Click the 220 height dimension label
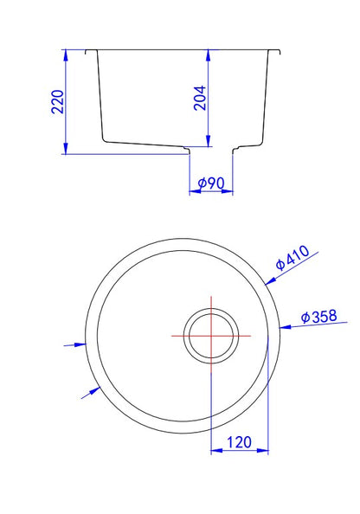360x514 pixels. pyautogui.click(x=58, y=101)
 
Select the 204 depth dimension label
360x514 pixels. pyautogui.click(x=200, y=98)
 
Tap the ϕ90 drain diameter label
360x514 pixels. pyautogui.click(x=211, y=183)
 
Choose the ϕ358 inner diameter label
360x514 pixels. pyautogui.click(x=318, y=317)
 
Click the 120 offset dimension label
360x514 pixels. pyautogui.click(x=239, y=442)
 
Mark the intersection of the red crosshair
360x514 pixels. pyautogui.click(x=211, y=336)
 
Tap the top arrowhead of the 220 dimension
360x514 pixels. pyautogui.click(x=66, y=55)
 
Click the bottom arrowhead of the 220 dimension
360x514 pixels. pyautogui.click(x=66, y=148)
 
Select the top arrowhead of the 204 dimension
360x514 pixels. pyautogui.click(x=208, y=55)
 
